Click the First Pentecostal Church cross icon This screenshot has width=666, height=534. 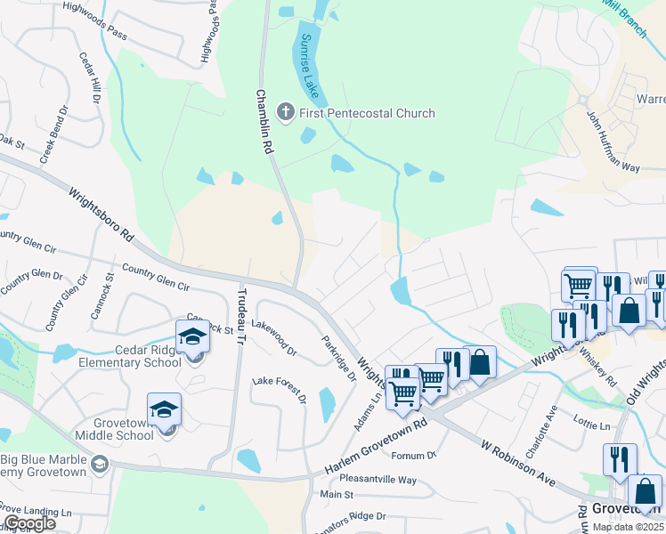pyautogui.click(x=285, y=112)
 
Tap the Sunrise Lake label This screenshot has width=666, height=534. pyautogui.click(x=310, y=65)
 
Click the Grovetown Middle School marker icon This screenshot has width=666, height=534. pyautogui.click(x=165, y=410)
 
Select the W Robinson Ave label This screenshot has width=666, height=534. pyautogui.click(x=517, y=462)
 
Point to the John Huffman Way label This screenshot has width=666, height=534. pyautogui.click(x=613, y=142)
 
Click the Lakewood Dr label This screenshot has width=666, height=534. pyautogui.click(x=275, y=339)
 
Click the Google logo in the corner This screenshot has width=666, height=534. pyautogui.click(x=28, y=523)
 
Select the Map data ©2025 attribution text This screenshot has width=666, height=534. pyautogui.click(x=627, y=527)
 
